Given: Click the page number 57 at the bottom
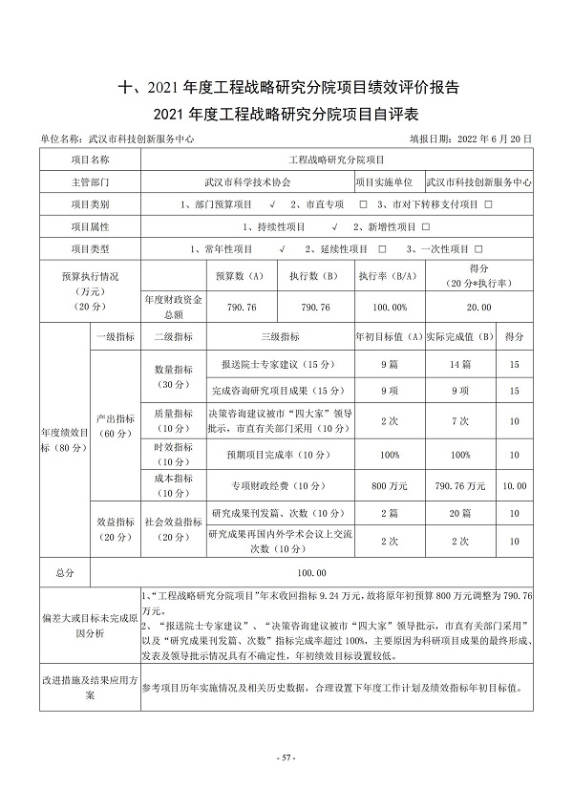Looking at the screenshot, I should coord(286,757).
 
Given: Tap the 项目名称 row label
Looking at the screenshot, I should coord(91,160).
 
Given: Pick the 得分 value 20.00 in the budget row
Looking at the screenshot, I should coord(479,307).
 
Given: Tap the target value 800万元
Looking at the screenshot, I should coord(388,485).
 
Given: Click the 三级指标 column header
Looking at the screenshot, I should coord(279,336).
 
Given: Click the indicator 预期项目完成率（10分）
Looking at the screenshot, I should coord(279,455).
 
